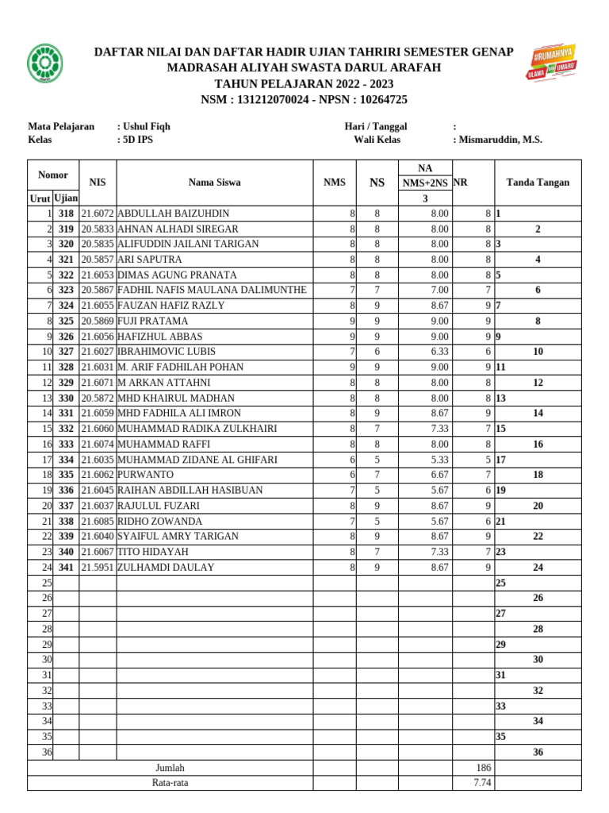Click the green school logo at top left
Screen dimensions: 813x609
[44, 64]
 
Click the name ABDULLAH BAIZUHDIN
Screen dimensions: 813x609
[173, 214]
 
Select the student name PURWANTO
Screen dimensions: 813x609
[145, 474]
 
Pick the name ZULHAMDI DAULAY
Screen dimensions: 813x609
[166, 568]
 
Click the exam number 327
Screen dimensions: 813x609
[66, 352]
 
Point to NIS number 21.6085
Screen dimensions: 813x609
[98, 522]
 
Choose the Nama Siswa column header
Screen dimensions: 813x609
[214, 183]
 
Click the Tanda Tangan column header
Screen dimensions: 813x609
[538, 183]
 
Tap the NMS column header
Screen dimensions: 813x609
[335, 183]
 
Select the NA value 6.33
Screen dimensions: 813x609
[439, 352]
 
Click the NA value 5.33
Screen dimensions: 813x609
[439, 460]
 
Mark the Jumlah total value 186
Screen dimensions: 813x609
[483, 768]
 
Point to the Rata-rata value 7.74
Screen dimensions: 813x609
[483, 783]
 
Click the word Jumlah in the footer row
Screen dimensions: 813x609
[170, 768]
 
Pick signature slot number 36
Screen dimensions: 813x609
[538, 753]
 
